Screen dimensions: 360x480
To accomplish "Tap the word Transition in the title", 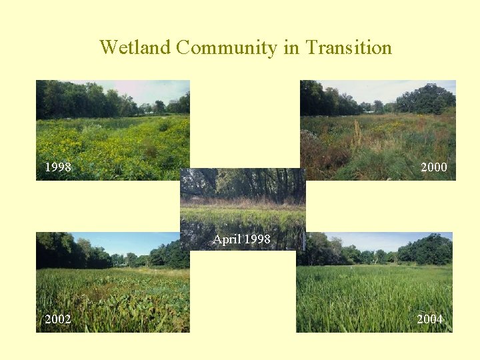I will click(x=349, y=48).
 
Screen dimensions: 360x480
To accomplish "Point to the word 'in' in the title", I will click(x=291, y=48).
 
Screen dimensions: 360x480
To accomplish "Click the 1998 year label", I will click(x=58, y=167).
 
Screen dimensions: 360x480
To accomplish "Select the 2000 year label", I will click(x=434, y=167).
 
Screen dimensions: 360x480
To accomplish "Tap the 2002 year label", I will click(x=58, y=319).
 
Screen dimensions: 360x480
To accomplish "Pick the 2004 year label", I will click(x=430, y=319).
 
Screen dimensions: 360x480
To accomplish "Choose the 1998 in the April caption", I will click(x=258, y=239).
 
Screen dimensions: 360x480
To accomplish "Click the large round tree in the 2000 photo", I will click(x=427, y=99).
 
